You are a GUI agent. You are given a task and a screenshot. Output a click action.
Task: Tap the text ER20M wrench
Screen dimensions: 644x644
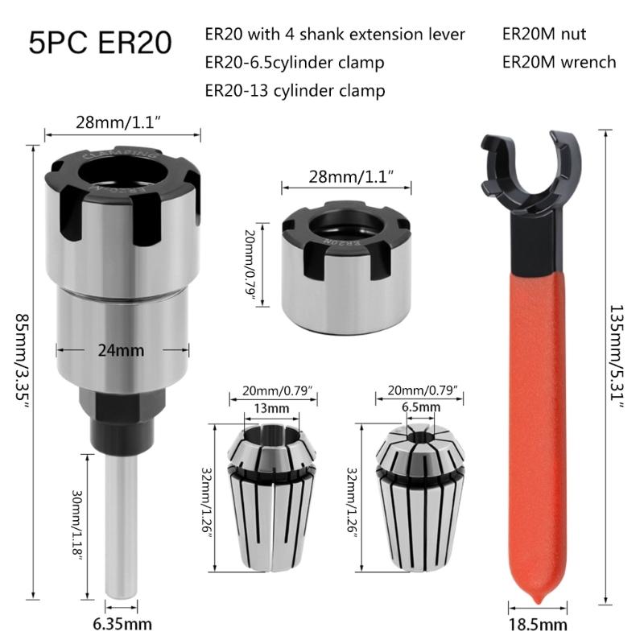pyautogui.click(x=559, y=62)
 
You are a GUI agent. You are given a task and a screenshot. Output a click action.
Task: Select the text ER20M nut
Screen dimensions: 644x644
pyautogui.click(x=543, y=35)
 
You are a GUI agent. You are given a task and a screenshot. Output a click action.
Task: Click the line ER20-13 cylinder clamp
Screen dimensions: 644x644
pyautogui.click(x=295, y=90)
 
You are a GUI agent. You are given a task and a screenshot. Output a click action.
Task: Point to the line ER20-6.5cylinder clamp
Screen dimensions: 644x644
pyautogui.click(x=295, y=62)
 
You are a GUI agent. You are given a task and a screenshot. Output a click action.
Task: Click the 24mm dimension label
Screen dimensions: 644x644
pyautogui.click(x=122, y=350)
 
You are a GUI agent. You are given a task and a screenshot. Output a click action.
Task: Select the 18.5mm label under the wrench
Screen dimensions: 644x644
pyautogui.click(x=537, y=624)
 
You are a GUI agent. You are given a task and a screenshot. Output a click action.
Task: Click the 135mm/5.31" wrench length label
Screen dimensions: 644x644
pyautogui.click(x=617, y=358)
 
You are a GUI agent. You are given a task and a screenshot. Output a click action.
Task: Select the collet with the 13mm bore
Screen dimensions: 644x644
pyautogui.click(x=266, y=499)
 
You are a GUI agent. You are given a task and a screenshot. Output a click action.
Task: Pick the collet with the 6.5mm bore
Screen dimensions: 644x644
pyautogui.click(x=419, y=499)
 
